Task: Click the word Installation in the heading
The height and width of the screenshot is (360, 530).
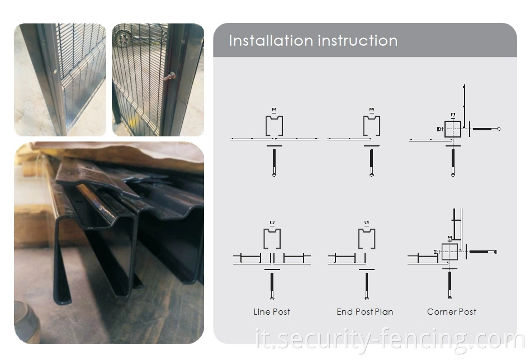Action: click(x=271, y=41)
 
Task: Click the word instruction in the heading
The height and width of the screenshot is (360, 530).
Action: click(x=358, y=41)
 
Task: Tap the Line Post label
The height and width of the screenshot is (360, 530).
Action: click(x=272, y=312)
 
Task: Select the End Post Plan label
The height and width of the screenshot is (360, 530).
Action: click(x=365, y=312)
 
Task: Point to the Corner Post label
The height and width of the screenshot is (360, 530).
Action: click(x=452, y=312)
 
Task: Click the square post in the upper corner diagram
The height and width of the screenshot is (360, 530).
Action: click(x=453, y=129)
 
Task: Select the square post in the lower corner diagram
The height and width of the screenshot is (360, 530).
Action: click(x=450, y=252)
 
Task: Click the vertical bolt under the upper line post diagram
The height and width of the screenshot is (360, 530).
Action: click(x=274, y=163)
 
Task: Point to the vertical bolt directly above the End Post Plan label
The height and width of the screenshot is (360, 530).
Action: click(x=367, y=286)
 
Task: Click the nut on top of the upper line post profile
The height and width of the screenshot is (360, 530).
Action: click(x=274, y=110)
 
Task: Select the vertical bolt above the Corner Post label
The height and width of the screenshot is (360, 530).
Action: click(x=449, y=285)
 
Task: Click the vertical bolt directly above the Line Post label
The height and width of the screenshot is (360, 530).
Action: click(x=272, y=286)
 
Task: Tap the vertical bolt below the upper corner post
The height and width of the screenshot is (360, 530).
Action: click(x=453, y=163)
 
